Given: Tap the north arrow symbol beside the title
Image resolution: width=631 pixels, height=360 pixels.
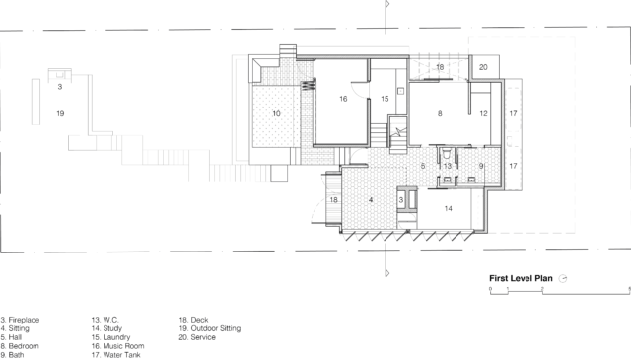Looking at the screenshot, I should pos(563,278).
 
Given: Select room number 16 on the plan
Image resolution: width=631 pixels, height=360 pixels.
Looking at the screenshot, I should pos(343,99).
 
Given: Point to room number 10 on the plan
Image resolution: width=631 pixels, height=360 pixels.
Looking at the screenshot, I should pos(276,114).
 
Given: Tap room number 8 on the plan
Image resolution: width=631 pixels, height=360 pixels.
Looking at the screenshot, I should pos(439,114).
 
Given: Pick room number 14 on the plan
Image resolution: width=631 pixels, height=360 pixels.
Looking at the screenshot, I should pos(448,208).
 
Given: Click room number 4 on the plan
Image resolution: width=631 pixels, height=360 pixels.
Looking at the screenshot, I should pos(371,200).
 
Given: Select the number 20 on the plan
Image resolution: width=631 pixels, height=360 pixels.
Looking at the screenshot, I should pos(483,68).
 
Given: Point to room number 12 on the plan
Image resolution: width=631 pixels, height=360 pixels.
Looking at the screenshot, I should pos(483,114).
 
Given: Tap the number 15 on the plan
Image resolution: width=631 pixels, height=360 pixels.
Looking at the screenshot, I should pos(386,99).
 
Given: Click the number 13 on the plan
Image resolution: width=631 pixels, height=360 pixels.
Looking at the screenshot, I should pos(447,167).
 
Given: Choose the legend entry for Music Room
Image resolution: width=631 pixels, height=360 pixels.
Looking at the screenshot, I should pos(117,345).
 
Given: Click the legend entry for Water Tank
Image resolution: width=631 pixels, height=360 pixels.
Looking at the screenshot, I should pos(117,354).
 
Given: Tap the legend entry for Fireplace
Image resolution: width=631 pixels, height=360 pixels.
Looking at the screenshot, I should pos(19,319).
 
